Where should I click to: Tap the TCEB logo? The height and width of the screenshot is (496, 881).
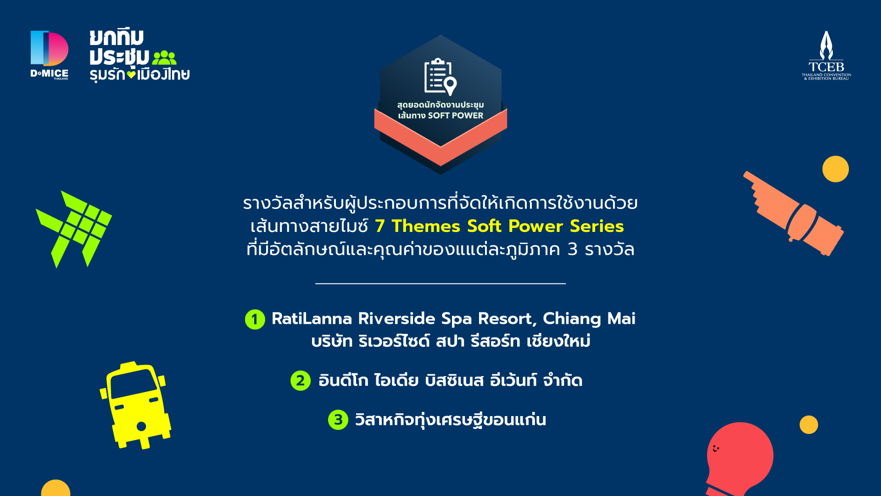(x=826, y=56)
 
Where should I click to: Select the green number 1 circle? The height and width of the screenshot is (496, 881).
(x=255, y=320)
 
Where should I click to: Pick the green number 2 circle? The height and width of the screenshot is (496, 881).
(x=301, y=381)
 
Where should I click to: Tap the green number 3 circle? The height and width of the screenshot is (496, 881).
(x=338, y=420)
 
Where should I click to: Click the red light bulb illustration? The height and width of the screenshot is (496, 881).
(x=739, y=459)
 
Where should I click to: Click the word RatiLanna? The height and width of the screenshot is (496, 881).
(x=312, y=319)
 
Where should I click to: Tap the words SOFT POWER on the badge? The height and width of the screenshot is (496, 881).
(x=456, y=116)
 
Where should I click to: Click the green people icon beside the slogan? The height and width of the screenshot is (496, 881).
(x=164, y=58)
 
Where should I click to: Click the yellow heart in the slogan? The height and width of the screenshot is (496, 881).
(x=132, y=74)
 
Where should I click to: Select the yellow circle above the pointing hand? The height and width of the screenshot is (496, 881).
(x=836, y=169)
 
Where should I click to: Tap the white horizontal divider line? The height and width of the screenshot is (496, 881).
(x=440, y=284)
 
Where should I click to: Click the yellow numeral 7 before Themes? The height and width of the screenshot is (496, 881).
(x=379, y=226)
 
